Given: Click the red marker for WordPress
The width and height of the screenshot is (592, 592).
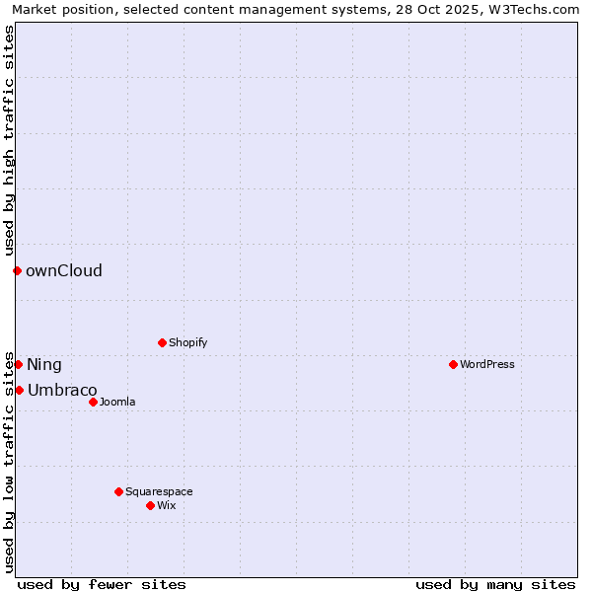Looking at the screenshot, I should pyautogui.click(x=453, y=364).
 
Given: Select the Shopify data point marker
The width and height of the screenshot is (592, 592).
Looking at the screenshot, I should pyautogui.click(x=162, y=342).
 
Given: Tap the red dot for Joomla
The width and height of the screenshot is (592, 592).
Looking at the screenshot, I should pyautogui.click(x=93, y=402).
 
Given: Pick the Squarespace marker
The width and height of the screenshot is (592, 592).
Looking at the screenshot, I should pyautogui.click(x=118, y=491).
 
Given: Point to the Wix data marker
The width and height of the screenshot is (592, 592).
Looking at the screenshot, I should pyautogui.click(x=150, y=505).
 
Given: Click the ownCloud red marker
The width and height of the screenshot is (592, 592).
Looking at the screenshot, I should pyautogui.click(x=17, y=270).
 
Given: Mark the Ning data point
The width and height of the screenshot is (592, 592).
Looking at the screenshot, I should pyautogui.click(x=18, y=364).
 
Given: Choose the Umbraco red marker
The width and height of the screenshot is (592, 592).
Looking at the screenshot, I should pyautogui.click(x=19, y=390).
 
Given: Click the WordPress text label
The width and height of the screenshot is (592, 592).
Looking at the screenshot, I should pyautogui.click(x=486, y=364).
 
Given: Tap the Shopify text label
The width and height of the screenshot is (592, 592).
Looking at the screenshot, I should pyautogui.click(x=187, y=342).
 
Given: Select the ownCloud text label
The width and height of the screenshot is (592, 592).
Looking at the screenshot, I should pyautogui.click(x=64, y=270).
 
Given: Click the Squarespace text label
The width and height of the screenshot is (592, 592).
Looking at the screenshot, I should pyautogui.click(x=159, y=491).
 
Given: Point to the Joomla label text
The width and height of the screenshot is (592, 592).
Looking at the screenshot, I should pyautogui.click(x=117, y=402).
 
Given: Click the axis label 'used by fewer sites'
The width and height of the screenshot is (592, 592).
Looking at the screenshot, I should pyautogui.click(x=102, y=584).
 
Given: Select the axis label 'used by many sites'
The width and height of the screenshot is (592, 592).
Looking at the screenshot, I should pyautogui.click(x=495, y=584).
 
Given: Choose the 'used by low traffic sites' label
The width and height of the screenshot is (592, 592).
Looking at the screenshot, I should pyautogui.click(x=9, y=461).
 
